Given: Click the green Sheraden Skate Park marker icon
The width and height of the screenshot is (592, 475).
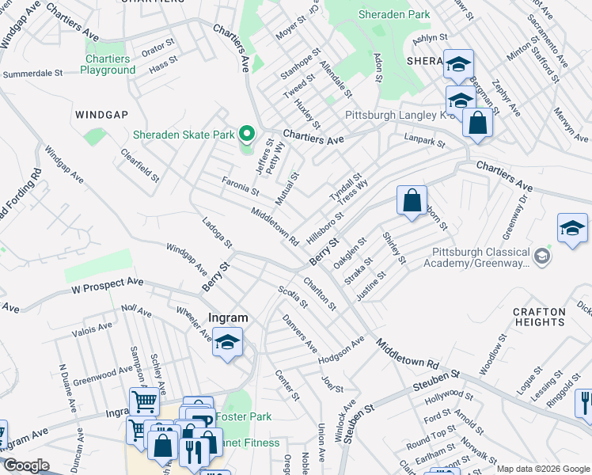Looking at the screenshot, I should pos(246,135).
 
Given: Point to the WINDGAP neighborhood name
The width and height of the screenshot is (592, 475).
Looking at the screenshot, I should pos(101,115).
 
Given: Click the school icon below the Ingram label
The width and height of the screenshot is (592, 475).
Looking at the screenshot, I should pos(227,342).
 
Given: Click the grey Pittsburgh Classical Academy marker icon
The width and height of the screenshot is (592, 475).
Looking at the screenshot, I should pos(542,256).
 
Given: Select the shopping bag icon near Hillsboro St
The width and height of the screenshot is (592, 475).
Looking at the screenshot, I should pos(412,201).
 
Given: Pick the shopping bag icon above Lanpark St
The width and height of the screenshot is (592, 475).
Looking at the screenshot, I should pos(478,123).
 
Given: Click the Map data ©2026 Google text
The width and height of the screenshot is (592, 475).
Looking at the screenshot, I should pos(542,469).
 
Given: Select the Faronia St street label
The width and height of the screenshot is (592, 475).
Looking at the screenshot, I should pos(240,186).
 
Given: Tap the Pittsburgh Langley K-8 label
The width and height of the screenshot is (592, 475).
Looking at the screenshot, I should pos(393,115).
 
